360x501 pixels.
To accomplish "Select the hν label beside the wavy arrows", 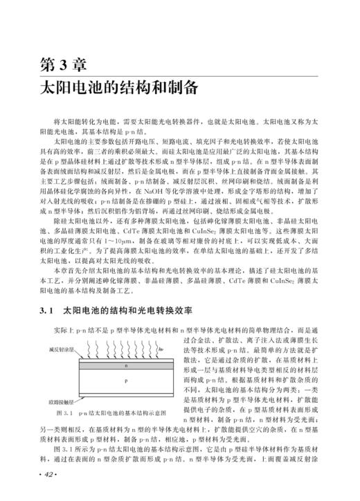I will tap(161, 350).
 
